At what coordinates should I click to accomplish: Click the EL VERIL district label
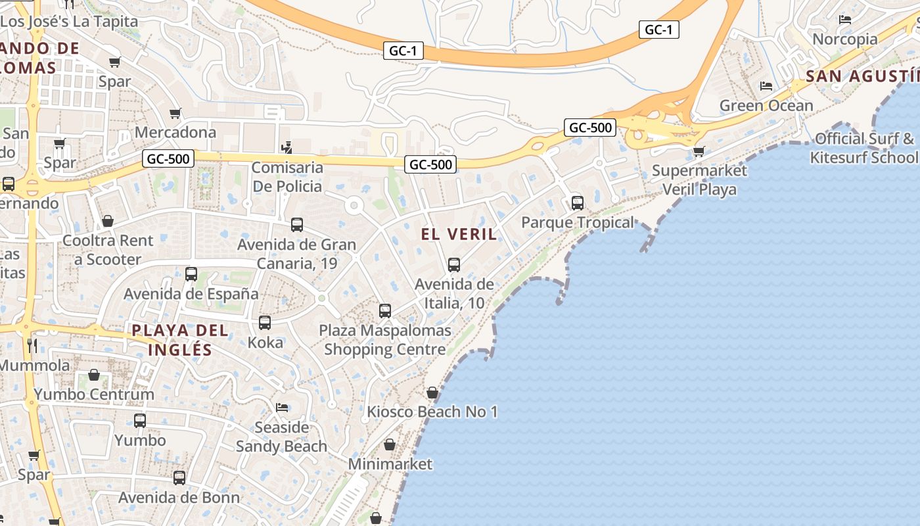(x=459, y=234)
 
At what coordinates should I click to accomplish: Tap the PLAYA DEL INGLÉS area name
(x=180, y=340)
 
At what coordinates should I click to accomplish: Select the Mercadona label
(x=175, y=132)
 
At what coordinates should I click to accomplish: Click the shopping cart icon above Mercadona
(x=175, y=114)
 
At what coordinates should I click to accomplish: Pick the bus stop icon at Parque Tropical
(x=578, y=203)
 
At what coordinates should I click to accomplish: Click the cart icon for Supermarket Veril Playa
(x=699, y=152)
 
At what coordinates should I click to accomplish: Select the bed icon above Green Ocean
(x=766, y=85)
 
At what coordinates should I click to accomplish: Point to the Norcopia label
(x=845, y=39)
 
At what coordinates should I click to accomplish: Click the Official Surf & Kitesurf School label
(x=864, y=148)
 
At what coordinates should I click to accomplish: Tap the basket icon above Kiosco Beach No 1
(x=432, y=393)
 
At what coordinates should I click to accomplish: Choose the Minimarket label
(x=390, y=464)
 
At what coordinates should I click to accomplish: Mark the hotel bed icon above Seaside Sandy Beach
(x=282, y=408)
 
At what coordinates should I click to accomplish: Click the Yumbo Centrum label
(x=94, y=394)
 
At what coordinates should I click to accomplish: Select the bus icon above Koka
(x=265, y=323)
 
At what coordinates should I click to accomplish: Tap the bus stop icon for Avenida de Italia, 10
(x=453, y=265)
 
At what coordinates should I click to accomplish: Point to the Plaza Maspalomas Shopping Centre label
(x=385, y=340)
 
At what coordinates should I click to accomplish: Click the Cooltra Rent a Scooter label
(x=108, y=250)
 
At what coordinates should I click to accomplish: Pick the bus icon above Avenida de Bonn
(x=179, y=478)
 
